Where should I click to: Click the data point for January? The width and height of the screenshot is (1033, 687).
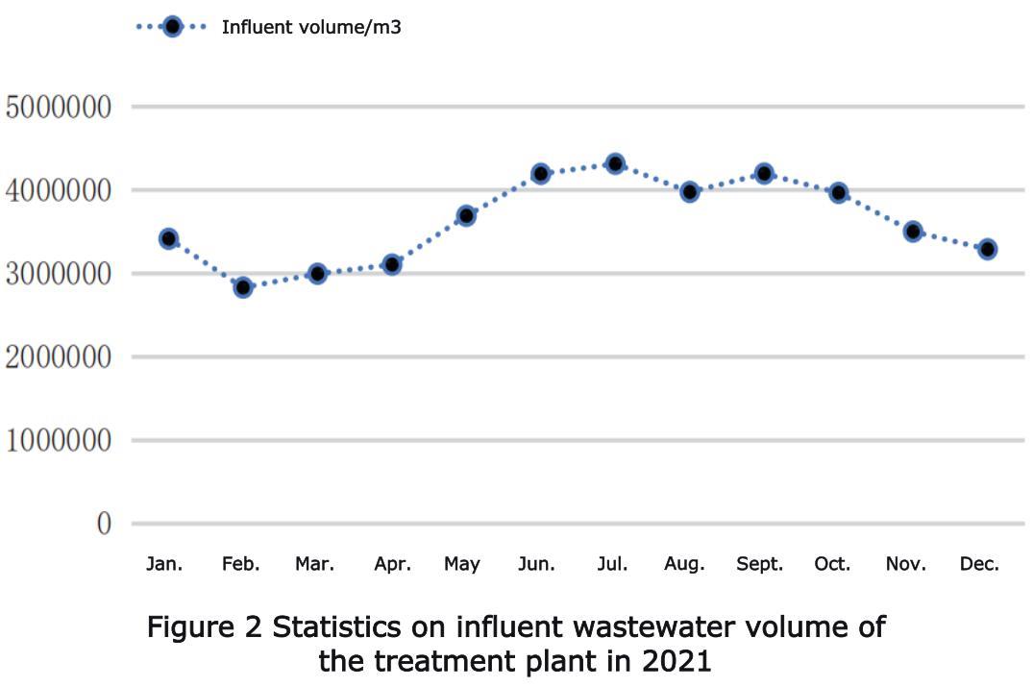point(169,238)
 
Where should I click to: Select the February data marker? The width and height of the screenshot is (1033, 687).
point(243,286)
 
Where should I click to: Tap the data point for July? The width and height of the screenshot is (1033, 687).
point(615,164)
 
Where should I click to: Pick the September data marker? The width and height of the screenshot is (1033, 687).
point(764,174)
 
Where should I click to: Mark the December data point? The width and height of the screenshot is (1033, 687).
point(987,249)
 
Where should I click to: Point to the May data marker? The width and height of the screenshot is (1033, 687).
point(466,215)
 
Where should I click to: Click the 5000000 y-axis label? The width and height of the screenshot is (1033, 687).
point(59,107)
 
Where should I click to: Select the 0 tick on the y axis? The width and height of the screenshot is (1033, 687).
point(103,524)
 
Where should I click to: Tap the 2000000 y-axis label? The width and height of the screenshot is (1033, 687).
point(59,357)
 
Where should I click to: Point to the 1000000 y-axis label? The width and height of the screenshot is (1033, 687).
point(59,441)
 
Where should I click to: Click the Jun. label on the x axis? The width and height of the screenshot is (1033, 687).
point(536,564)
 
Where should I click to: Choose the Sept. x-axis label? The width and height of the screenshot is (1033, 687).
point(760,564)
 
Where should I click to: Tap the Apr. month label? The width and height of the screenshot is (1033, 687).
point(392,564)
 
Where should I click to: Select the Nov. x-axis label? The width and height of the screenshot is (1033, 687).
point(906,564)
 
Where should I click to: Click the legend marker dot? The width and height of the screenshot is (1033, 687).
point(172,27)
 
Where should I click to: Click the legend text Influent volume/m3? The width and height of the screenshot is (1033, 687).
point(311,27)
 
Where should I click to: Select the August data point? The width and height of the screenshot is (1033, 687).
point(689,191)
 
